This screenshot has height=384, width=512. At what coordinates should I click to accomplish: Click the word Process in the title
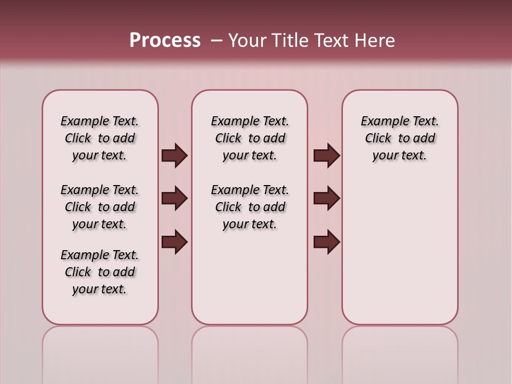tap(165, 40)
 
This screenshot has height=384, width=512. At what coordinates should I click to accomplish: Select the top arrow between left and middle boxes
tap(174, 156)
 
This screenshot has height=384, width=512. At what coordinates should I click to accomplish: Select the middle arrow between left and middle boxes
tap(174, 199)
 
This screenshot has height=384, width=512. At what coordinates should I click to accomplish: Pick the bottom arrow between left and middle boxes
tap(174, 243)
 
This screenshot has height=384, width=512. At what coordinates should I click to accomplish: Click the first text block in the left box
tap(100, 138)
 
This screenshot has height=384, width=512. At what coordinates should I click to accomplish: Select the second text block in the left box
tap(100, 207)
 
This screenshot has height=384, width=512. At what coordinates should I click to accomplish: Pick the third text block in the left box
tap(100, 272)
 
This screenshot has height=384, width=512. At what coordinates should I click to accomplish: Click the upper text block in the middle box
tap(250, 138)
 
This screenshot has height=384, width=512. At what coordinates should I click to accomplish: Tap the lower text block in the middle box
tap(250, 207)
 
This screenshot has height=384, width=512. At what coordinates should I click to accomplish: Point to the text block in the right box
tap(399, 138)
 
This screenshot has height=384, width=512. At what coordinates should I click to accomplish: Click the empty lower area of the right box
tap(399, 251)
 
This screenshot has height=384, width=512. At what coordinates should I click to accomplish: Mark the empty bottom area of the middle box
tap(250, 283)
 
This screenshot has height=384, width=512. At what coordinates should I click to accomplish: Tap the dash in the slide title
tap(217, 41)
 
